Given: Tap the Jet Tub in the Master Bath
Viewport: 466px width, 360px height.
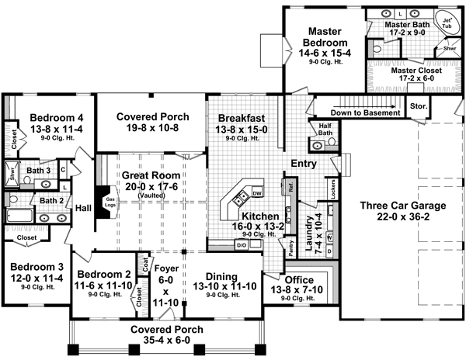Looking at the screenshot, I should [x=449, y=22].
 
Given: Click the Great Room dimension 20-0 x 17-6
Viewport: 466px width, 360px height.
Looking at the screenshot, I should [x=143, y=186].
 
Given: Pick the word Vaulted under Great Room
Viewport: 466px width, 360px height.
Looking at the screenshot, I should [x=143, y=197].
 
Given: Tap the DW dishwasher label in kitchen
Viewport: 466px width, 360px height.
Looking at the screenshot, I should [x=257, y=191].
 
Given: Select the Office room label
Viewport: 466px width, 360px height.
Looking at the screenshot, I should [x=300, y=279].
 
